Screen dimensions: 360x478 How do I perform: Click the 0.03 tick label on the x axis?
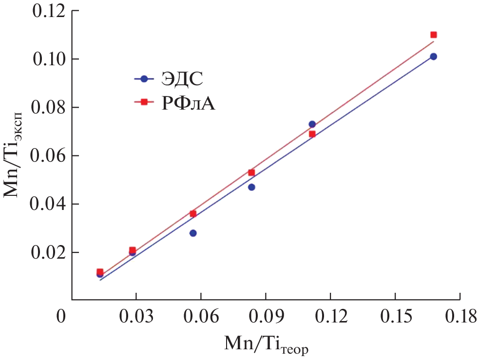click(x=136, y=318)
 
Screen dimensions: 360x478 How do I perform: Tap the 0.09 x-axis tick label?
click(x=266, y=318)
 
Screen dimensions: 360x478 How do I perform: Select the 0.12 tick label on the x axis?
click(x=330, y=318)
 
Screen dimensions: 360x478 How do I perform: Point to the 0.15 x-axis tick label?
click(x=395, y=318)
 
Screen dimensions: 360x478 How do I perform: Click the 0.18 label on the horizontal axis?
click(x=459, y=318)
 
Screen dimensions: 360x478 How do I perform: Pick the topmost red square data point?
click(x=434, y=35)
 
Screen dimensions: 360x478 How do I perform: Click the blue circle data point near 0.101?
click(x=434, y=57)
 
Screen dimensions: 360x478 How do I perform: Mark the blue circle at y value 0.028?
click(x=193, y=233)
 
